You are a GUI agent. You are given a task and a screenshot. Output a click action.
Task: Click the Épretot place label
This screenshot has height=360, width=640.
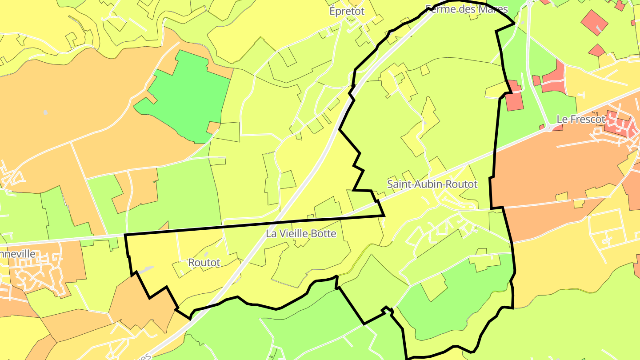click(347, 11)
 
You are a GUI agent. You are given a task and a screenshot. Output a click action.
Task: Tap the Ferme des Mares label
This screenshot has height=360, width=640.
click(466, 9)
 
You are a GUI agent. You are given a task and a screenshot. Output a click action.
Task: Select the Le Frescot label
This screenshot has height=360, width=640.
click(581, 120)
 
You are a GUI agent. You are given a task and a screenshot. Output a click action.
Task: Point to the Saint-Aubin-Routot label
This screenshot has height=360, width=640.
click(432, 184)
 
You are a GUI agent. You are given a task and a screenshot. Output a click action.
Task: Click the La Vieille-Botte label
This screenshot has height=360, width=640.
click(301, 233)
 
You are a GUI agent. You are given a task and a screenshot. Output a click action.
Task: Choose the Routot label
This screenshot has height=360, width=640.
click(204, 263)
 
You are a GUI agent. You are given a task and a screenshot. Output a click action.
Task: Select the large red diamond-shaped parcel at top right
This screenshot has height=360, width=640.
click(594, 22)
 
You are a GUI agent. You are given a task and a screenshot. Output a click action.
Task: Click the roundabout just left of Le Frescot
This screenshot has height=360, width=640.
click(550, 128)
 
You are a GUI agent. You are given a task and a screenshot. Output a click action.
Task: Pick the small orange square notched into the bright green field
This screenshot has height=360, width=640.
click(213, 128)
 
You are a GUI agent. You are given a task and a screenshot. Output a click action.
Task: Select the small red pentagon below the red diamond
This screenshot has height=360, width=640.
click(596, 50)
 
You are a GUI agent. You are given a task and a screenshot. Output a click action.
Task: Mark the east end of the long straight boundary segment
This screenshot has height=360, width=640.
click(384, 216)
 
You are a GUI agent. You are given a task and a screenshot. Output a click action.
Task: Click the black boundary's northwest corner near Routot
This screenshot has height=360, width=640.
click(125, 234)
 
